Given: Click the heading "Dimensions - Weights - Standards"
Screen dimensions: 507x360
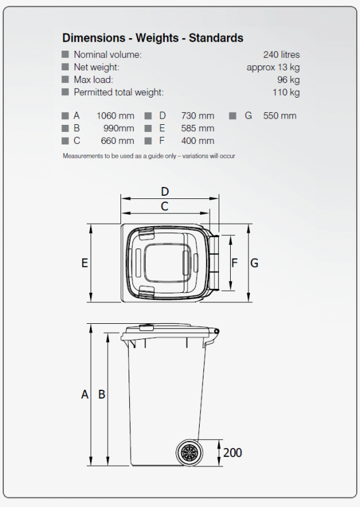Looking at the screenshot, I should coord(152,38).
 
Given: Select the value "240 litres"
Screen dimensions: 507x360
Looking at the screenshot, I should coord(281,55).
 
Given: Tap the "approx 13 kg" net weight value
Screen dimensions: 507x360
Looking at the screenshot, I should coord(273,67).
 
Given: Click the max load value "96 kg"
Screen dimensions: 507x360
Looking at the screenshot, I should coord(288,80).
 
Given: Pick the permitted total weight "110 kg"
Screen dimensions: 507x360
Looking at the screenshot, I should coord(286,93).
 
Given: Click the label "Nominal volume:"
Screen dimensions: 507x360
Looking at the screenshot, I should coord(107,55).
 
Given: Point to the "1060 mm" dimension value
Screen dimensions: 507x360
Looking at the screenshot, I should coord(115,115).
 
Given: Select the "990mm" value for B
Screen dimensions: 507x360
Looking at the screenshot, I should coord(119,128).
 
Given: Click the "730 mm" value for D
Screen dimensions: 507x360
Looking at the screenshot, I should coord(197,115).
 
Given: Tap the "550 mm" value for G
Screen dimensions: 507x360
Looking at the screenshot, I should coord(280,115).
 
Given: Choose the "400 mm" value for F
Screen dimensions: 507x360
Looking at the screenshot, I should coord(197,141).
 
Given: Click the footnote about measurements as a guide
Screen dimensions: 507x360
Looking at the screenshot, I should coord(149,156).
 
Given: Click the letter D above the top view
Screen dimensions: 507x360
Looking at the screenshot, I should coord(165,191).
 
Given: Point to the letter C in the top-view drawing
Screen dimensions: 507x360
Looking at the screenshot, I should coord(164,206).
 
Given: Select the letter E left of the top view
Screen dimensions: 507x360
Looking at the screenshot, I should coord(84,263).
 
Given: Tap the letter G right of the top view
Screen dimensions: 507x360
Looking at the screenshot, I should coord(254,263).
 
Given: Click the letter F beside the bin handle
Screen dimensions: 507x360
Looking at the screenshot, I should coord(234,263).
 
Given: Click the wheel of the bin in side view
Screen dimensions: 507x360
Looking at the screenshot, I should coord(189,452).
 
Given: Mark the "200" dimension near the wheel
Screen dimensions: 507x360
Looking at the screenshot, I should coord(232,452).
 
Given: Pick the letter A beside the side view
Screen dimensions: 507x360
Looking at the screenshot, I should coord(85,394).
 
